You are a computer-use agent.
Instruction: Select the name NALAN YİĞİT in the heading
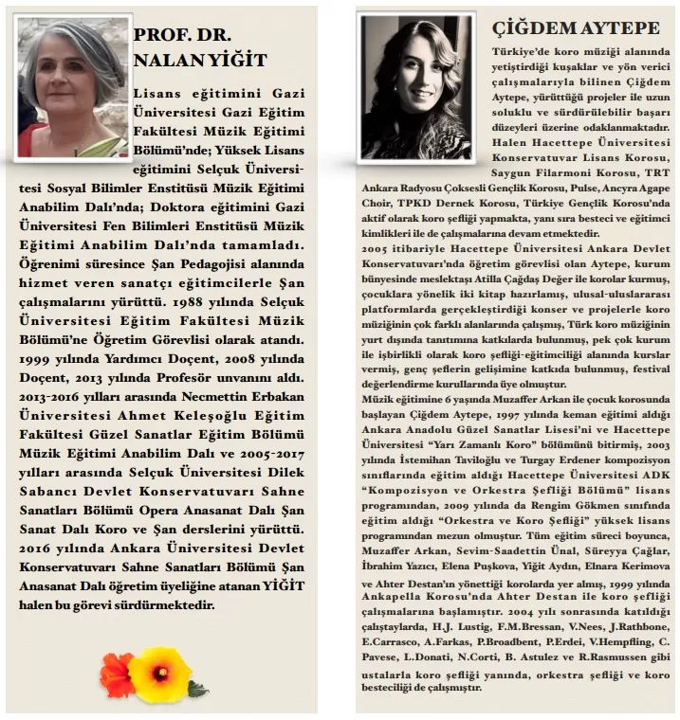pos(200,62)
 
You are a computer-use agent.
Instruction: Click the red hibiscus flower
pos(118,674)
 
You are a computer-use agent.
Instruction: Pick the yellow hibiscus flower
pos(160,674)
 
